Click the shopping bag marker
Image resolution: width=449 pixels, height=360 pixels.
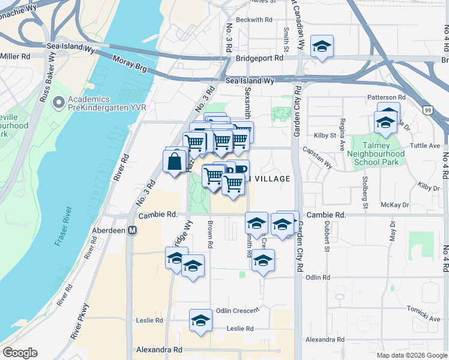pyautogui.click(x=174, y=162)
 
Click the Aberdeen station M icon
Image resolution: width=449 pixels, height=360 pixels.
pyautogui.click(x=131, y=230)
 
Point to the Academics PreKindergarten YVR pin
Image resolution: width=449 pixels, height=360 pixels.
pyautogui.click(x=58, y=104)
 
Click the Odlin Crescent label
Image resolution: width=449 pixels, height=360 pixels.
pyautogui.click(x=239, y=310)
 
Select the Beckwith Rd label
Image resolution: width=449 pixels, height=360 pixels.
pyautogui.click(x=254, y=20)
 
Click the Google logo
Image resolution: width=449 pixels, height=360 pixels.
pyautogui.click(x=19, y=353)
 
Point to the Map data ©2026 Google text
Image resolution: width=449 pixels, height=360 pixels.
pyautogui.click(x=411, y=355)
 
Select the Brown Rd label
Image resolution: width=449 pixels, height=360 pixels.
pyautogui.click(x=211, y=235)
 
